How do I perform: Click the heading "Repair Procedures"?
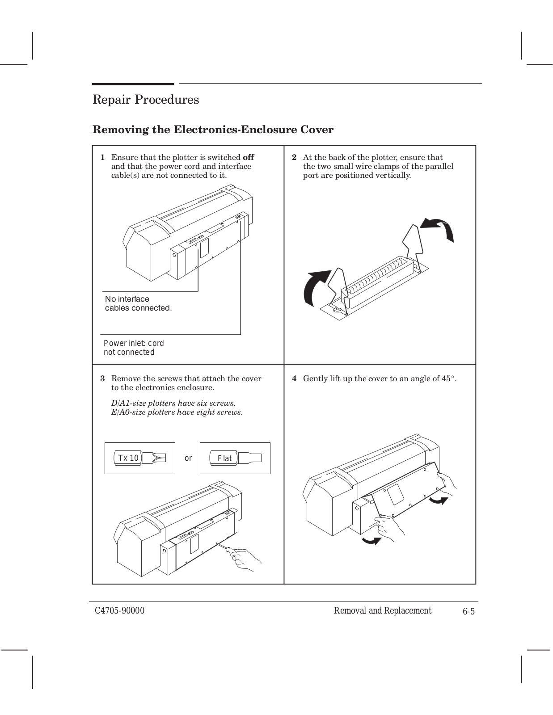[145, 99]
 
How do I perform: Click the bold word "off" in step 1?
[248, 157]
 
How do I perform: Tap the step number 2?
[294, 157]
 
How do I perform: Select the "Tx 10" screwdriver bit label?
[128, 458]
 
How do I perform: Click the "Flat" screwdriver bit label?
[225, 458]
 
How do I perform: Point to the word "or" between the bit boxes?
[188, 458]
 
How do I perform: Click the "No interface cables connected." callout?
[138, 303]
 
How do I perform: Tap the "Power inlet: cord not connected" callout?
[134, 348]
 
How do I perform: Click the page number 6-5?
[469, 611]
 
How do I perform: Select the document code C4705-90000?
[119, 611]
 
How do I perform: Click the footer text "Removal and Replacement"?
[383, 611]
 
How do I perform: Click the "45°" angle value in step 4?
[448, 379]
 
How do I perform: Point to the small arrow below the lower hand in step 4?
[371, 541]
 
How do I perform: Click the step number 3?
[102, 379]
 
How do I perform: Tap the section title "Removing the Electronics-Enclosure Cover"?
[213, 130]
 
